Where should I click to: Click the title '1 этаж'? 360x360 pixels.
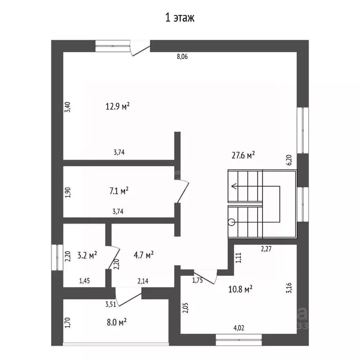[x=180, y=18]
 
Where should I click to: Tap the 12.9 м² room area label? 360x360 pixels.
[x=118, y=106]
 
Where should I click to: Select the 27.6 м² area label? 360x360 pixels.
[x=243, y=156]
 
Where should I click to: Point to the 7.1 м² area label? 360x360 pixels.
[x=119, y=191]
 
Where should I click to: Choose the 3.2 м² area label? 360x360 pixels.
[x=87, y=255]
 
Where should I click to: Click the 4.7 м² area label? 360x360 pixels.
[x=143, y=255]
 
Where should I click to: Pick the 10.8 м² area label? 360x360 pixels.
[x=240, y=289]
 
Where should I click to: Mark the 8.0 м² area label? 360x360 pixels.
[x=117, y=322]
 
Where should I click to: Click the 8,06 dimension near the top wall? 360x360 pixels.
[x=182, y=56]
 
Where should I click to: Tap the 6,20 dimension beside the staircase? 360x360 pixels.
[x=289, y=160]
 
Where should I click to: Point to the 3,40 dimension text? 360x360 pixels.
[x=67, y=107]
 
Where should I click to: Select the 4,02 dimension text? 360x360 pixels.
[x=239, y=328]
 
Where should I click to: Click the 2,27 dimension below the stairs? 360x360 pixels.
[x=266, y=249]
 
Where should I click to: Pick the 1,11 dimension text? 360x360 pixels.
[x=239, y=258]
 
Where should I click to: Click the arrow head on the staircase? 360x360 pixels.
[x=234, y=186]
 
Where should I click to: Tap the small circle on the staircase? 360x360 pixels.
[x=232, y=222]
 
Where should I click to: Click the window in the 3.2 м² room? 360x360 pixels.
[x=57, y=257]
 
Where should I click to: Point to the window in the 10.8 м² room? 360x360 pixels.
[x=239, y=340]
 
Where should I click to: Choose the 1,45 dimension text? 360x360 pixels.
[x=84, y=281]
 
